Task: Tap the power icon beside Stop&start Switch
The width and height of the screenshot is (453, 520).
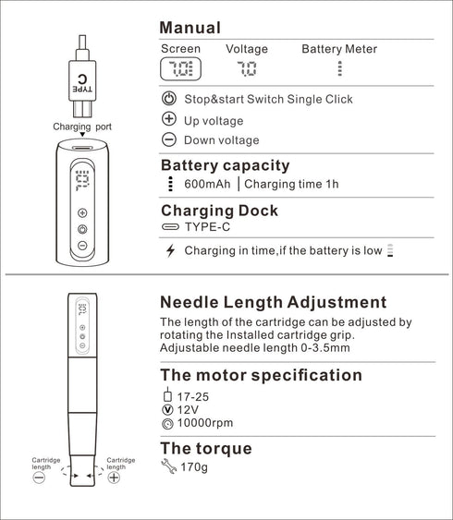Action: point(169,99)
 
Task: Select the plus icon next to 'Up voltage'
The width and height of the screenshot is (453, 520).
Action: point(169,119)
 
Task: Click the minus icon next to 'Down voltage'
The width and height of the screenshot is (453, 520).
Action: point(169,139)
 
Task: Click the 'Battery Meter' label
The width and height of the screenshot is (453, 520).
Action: point(339,49)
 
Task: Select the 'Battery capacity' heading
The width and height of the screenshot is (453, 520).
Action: point(225,165)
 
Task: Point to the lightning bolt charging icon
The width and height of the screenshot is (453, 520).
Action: point(169,250)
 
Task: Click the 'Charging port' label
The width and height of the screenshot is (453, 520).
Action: point(82,126)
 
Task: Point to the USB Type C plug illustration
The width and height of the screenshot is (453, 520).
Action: point(82,88)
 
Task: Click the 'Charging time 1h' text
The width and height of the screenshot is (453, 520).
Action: point(293,184)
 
